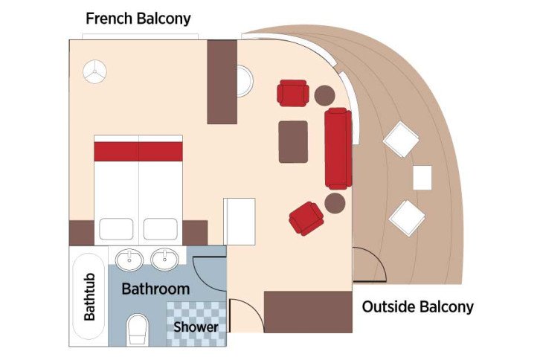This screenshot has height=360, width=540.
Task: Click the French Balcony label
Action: pos(138,18)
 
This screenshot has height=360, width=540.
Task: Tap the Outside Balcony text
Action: pos(417,306)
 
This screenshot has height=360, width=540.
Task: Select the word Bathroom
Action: pos(155,288)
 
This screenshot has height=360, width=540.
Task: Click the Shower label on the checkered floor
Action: pos(196,327)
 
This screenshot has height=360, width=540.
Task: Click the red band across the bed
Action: pos(138,151)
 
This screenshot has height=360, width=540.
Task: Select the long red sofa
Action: pos(338,148)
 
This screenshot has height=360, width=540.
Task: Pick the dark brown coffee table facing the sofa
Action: pos(293,141)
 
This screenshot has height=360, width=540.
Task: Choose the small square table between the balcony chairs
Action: pos(422,177)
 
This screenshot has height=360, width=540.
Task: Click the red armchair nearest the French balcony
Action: pos(292,94)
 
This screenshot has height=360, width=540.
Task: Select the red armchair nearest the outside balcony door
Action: pos(306,218)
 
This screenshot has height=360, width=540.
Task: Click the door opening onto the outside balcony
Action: pos(368,264)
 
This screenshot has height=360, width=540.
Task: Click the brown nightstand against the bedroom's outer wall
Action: pos(81,232)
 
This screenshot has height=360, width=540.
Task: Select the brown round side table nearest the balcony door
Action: pos(335,202)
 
